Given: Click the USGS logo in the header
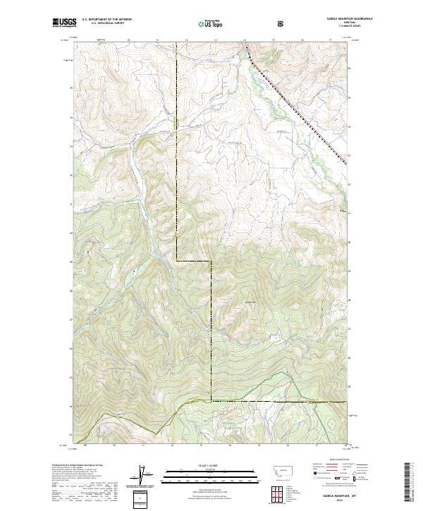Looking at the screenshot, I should (x=63, y=23).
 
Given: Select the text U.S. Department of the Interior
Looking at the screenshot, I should (x=106, y=20).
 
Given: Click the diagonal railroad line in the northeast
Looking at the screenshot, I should (x=296, y=106).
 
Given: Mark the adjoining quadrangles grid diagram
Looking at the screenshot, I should (x=276, y=493).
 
